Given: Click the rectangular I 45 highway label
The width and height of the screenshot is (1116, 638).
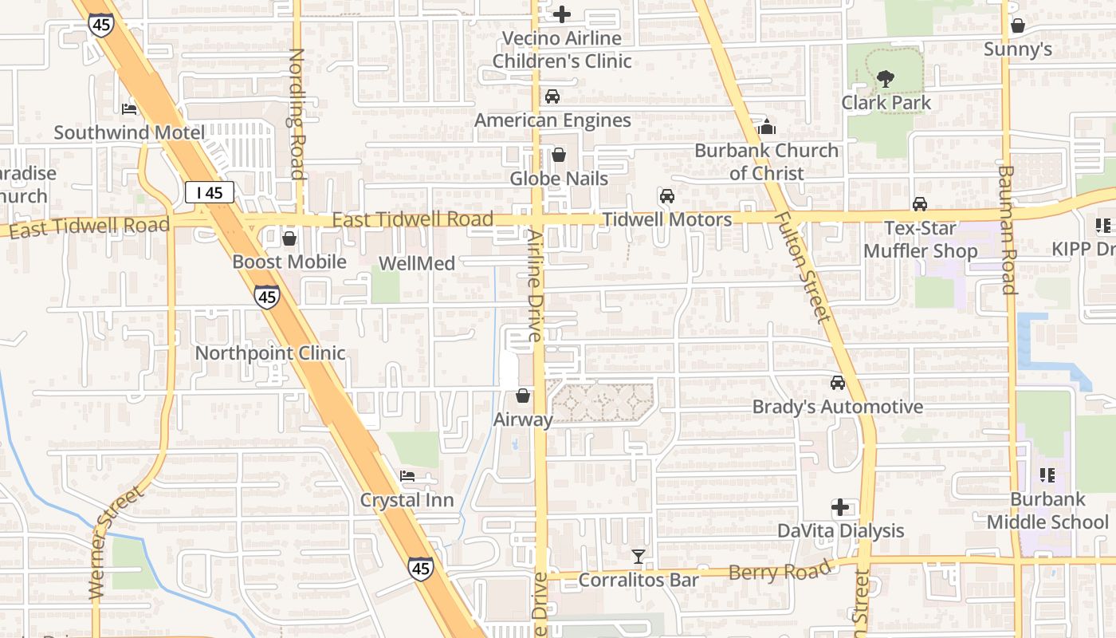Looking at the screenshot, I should pyautogui.click(x=210, y=192).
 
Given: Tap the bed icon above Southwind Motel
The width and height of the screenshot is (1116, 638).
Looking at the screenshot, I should pyautogui.click(x=129, y=108).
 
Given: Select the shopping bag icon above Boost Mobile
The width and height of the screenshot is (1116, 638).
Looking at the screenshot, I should pyautogui.click(x=289, y=238).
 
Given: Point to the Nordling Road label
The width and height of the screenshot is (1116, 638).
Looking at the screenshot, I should pyautogui.click(x=297, y=114).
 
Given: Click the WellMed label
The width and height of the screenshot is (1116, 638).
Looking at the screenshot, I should pyautogui.click(x=417, y=263).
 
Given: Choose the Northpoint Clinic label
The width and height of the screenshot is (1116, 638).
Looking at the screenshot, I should pyautogui.click(x=270, y=353).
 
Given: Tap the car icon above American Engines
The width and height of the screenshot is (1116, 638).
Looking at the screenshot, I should pyautogui.click(x=552, y=96).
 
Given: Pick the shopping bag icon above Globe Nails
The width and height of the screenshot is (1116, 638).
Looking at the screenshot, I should pyautogui.click(x=559, y=155).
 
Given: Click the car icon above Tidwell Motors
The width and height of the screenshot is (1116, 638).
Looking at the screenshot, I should pyautogui.click(x=666, y=196).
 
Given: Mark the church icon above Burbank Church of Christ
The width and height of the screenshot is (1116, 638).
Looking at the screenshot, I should pyautogui.click(x=766, y=126).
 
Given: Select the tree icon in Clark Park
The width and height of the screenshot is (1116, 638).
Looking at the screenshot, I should pyautogui.click(x=886, y=79).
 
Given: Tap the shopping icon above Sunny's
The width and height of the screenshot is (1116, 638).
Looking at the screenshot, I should pyautogui.click(x=1017, y=26).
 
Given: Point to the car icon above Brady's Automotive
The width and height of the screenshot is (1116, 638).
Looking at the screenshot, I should pyautogui.click(x=838, y=384).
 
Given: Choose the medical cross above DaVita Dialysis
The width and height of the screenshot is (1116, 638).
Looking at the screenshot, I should pyautogui.click(x=840, y=507).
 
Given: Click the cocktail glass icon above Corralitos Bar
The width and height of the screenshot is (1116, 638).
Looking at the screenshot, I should pyautogui.click(x=639, y=557).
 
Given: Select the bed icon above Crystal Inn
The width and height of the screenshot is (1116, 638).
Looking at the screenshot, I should pyautogui.click(x=407, y=477).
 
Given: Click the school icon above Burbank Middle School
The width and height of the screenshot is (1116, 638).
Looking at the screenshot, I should pyautogui.click(x=1047, y=476).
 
